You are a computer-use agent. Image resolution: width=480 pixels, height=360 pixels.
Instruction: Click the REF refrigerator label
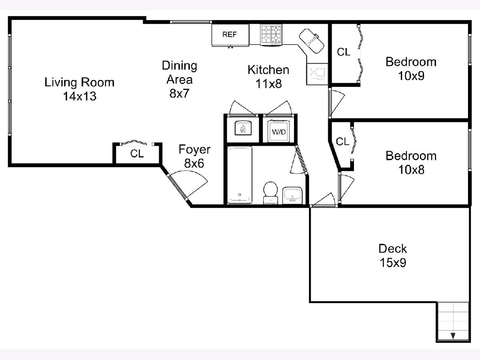(229, 34)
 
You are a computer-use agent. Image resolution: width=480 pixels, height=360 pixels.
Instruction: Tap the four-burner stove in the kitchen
(271, 35)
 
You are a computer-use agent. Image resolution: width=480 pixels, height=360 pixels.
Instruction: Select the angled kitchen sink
(312, 41)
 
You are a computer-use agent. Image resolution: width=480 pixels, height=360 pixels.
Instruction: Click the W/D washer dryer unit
(279, 131)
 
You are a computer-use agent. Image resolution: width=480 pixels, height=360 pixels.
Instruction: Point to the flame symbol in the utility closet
(243, 128)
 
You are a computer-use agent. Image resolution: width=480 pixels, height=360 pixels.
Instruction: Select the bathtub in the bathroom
(240, 175)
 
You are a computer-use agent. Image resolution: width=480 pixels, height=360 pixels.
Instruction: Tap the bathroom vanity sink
(292, 196)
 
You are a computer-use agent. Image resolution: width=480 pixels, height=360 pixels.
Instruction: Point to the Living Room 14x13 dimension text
(80, 96)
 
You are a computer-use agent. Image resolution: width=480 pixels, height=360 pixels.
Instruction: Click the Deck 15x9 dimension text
(393, 262)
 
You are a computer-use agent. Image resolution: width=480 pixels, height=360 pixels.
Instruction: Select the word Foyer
(194, 150)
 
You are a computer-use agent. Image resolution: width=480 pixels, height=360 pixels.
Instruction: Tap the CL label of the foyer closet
(137, 154)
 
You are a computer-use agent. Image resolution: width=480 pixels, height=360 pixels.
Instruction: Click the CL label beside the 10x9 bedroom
(344, 52)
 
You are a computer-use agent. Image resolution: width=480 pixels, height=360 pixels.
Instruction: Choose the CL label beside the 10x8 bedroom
(342, 142)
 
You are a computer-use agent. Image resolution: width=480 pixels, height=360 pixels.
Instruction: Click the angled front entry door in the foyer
(178, 187)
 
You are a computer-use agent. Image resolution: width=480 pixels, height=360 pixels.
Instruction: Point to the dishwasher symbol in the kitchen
(317, 74)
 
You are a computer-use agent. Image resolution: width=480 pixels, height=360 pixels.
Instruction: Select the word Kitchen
(268, 70)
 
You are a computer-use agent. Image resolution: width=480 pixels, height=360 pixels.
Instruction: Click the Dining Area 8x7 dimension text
(179, 93)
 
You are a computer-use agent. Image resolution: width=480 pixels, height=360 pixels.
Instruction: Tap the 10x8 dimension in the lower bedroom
(411, 170)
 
